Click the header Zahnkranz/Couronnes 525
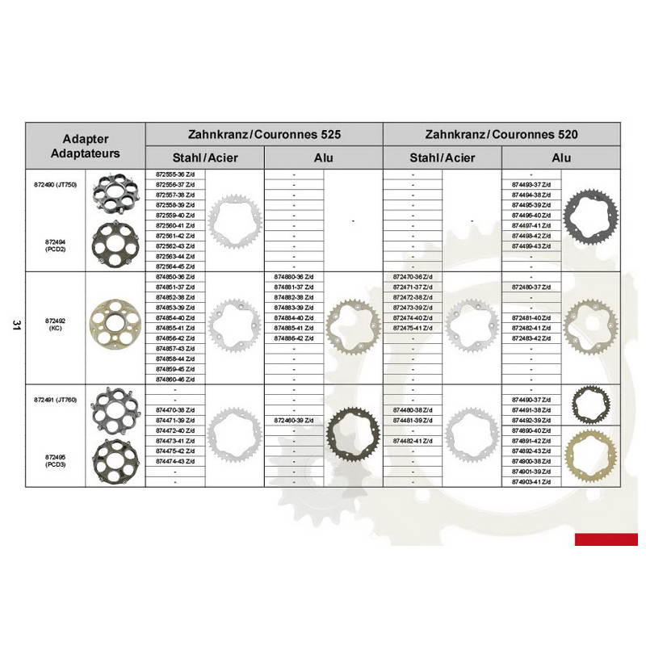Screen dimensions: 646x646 [263, 134]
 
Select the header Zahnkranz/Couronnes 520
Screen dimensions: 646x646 [501, 134]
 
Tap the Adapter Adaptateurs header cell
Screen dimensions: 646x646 [86, 145]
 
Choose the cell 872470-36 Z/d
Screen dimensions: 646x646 [413, 277]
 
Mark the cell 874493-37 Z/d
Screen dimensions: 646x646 [531, 185]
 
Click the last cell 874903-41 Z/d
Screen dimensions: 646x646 [531, 481]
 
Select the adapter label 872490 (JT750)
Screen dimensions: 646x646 [54, 185]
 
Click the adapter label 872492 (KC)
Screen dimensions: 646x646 [54, 324]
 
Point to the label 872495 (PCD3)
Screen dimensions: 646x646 [54, 460]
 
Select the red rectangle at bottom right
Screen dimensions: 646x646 [606, 539]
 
